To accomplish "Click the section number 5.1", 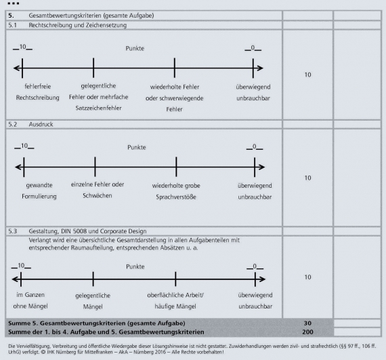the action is (13, 25).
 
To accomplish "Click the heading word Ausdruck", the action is (41, 124).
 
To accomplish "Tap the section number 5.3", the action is (13, 231).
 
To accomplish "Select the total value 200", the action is (307, 332).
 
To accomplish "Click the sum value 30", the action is (307, 323).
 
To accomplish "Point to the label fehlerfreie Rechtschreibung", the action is (38, 92).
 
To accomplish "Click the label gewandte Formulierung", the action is (39, 191).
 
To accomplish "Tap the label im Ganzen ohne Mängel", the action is (30, 300).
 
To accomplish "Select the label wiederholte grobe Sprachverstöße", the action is (176, 191).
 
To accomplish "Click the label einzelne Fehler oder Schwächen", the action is (98, 190).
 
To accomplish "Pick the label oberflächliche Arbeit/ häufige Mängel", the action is (175, 300).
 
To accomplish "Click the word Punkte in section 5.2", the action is (137, 147).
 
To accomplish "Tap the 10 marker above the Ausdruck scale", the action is (24, 146).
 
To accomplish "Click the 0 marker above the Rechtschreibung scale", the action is (253, 48).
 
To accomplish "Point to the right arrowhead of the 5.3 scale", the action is (263, 279).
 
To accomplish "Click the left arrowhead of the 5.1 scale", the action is (16, 68).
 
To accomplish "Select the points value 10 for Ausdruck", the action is (307, 178).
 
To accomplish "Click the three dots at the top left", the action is (14, 3).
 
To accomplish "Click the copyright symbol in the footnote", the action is (43, 352).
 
